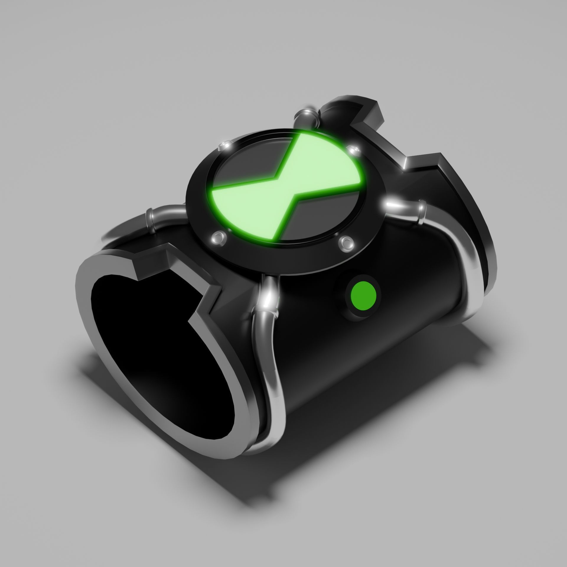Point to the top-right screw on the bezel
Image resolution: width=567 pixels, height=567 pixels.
tap(353, 150)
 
